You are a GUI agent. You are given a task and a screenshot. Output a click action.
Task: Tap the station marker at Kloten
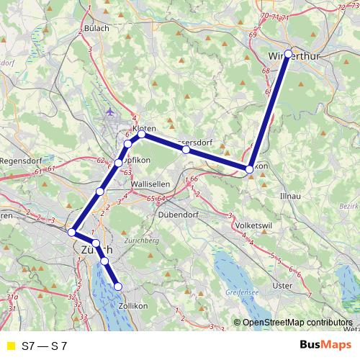(142, 134)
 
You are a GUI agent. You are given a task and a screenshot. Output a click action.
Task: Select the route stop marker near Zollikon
(119, 287)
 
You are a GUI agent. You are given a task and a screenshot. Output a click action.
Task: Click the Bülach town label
(96, 28)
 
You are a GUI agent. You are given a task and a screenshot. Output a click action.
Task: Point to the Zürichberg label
(140, 240)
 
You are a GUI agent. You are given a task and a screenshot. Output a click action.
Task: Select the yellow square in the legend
(9, 346)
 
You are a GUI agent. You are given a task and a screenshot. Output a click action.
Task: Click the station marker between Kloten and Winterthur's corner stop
(186, 149)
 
